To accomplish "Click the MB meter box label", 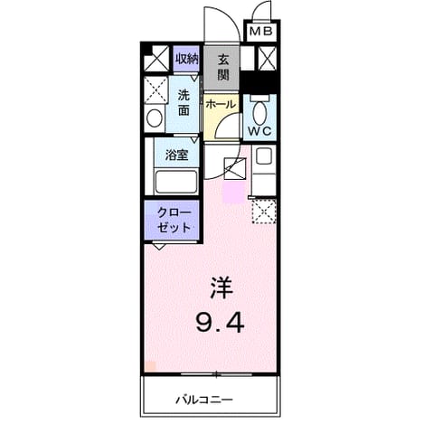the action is (x=261, y=31).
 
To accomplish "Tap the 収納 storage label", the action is (x=187, y=59).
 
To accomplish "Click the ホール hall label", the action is (x=221, y=105).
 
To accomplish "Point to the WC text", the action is (x=259, y=131).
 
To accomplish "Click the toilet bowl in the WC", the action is (x=259, y=113).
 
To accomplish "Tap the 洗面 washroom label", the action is (x=184, y=103).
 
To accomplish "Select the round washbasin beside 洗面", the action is (x=155, y=118).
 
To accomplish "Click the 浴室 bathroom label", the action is (x=176, y=155).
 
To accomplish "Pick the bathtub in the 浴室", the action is (x=176, y=182).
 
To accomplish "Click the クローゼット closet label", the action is (x=174, y=221).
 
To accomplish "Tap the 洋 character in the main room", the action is (x=221, y=288).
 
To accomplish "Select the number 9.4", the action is (x=220, y=322).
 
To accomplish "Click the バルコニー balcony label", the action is (x=204, y=400).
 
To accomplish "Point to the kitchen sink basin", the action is (x=263, y=156).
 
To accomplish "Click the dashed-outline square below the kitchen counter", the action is (x=264, y=211).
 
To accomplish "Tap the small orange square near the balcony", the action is (x=150, y=366).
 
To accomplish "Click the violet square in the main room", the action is (x=233, y=193).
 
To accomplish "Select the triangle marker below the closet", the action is (x=160, y=247).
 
